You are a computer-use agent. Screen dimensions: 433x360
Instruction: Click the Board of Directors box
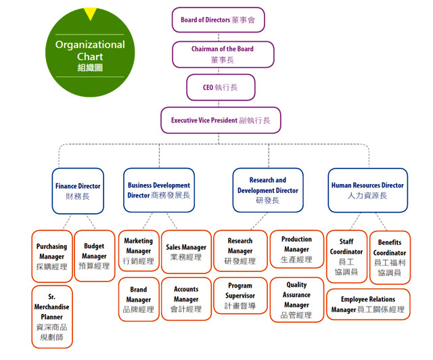click(218, 20)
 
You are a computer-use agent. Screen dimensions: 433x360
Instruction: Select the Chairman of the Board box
click(223, 54)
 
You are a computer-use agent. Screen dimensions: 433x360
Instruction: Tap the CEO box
click(221, 87)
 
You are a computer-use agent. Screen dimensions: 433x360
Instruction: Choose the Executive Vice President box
click(221, 120)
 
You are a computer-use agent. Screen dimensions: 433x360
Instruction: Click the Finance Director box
click(78, 191)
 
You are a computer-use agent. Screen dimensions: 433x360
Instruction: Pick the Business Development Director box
click(159, 190)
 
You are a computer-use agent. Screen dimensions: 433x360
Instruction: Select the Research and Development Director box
click(268, 190)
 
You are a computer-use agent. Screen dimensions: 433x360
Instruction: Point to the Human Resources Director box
click(368, 190)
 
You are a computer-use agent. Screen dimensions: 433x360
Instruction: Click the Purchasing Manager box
click(52, 256)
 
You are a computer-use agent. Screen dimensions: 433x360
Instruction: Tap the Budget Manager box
click(95, 256)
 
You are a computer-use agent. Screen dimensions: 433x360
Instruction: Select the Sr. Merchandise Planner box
click(52, 317)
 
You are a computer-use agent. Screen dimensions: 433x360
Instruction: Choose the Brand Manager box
click(139, 299)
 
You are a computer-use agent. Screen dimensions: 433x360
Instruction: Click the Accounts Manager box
click(186, 299)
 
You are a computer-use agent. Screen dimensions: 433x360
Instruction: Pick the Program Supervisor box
click(240, 296)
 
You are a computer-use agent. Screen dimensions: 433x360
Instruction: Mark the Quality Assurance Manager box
click(296, 300)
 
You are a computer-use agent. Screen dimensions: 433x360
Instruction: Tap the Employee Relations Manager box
click(368, 305)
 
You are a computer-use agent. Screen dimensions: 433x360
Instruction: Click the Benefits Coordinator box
click(390, 258)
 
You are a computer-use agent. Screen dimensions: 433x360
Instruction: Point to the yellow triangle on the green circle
click(90, 13)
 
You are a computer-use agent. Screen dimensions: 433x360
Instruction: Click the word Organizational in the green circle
click(90, 45)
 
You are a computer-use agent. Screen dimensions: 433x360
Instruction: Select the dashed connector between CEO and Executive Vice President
click(219, 104)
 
